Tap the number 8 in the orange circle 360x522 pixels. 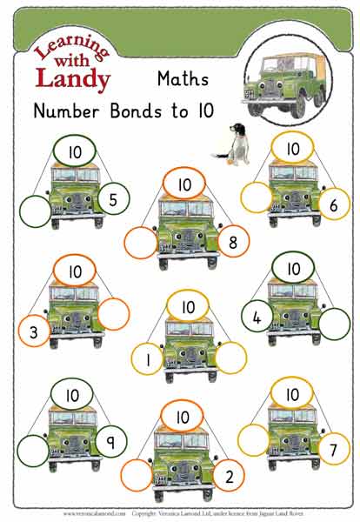click(232, 243)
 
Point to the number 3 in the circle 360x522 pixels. click(33, 331)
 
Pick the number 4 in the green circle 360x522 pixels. click(256, 318)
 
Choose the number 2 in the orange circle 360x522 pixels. click(229, 475)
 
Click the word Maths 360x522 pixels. click(183, 79)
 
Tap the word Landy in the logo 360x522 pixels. click(73, 78)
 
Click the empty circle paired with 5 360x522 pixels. click(34, 211)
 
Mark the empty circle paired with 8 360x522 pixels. click(141, 243)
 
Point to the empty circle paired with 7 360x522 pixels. click(256, 440)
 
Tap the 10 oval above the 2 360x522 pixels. click(183, 416)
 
